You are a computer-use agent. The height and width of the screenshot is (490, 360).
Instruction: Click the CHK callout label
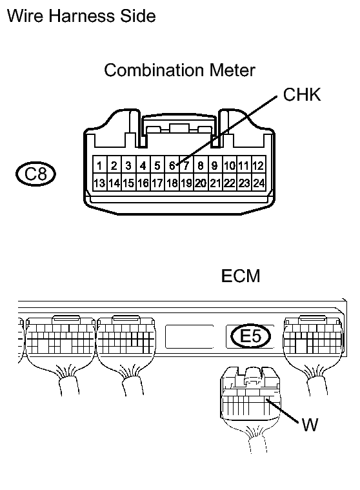click(302, 94)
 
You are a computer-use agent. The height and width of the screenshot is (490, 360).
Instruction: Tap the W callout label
click(310, 425)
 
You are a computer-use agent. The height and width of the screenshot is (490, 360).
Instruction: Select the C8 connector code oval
click(35, 174)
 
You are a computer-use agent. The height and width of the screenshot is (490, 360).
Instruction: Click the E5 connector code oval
click(251, 336)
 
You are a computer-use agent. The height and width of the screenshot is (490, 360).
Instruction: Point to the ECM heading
click(241, 276)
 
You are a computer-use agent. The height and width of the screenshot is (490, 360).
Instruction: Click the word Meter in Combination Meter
click(232, 70)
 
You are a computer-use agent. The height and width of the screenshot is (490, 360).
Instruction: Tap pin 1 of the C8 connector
click(99, 165)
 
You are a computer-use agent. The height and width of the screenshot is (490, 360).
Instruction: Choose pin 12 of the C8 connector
click(259, 165)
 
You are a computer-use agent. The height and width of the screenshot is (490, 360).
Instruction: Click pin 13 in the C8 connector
click(99, 183)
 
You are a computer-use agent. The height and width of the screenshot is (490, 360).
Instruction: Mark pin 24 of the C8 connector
click(259, 183)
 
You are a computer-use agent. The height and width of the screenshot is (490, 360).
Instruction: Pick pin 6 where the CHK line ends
click(172, 165)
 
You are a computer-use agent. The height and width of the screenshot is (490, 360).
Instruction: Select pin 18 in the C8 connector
click(172, 183)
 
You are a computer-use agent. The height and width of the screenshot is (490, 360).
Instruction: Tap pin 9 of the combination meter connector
click(215, 165)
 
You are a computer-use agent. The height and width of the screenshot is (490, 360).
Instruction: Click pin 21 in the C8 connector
click(215, 183)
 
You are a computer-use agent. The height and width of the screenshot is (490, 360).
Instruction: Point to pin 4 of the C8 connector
click(143, 165)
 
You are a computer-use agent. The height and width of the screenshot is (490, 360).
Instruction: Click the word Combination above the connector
click(155, 70)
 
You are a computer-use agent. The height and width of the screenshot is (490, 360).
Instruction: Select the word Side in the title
click(138, 16)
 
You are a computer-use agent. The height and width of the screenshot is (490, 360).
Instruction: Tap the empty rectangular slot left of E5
click(190, 336)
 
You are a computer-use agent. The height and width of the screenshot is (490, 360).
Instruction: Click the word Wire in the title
click(25, 16)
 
